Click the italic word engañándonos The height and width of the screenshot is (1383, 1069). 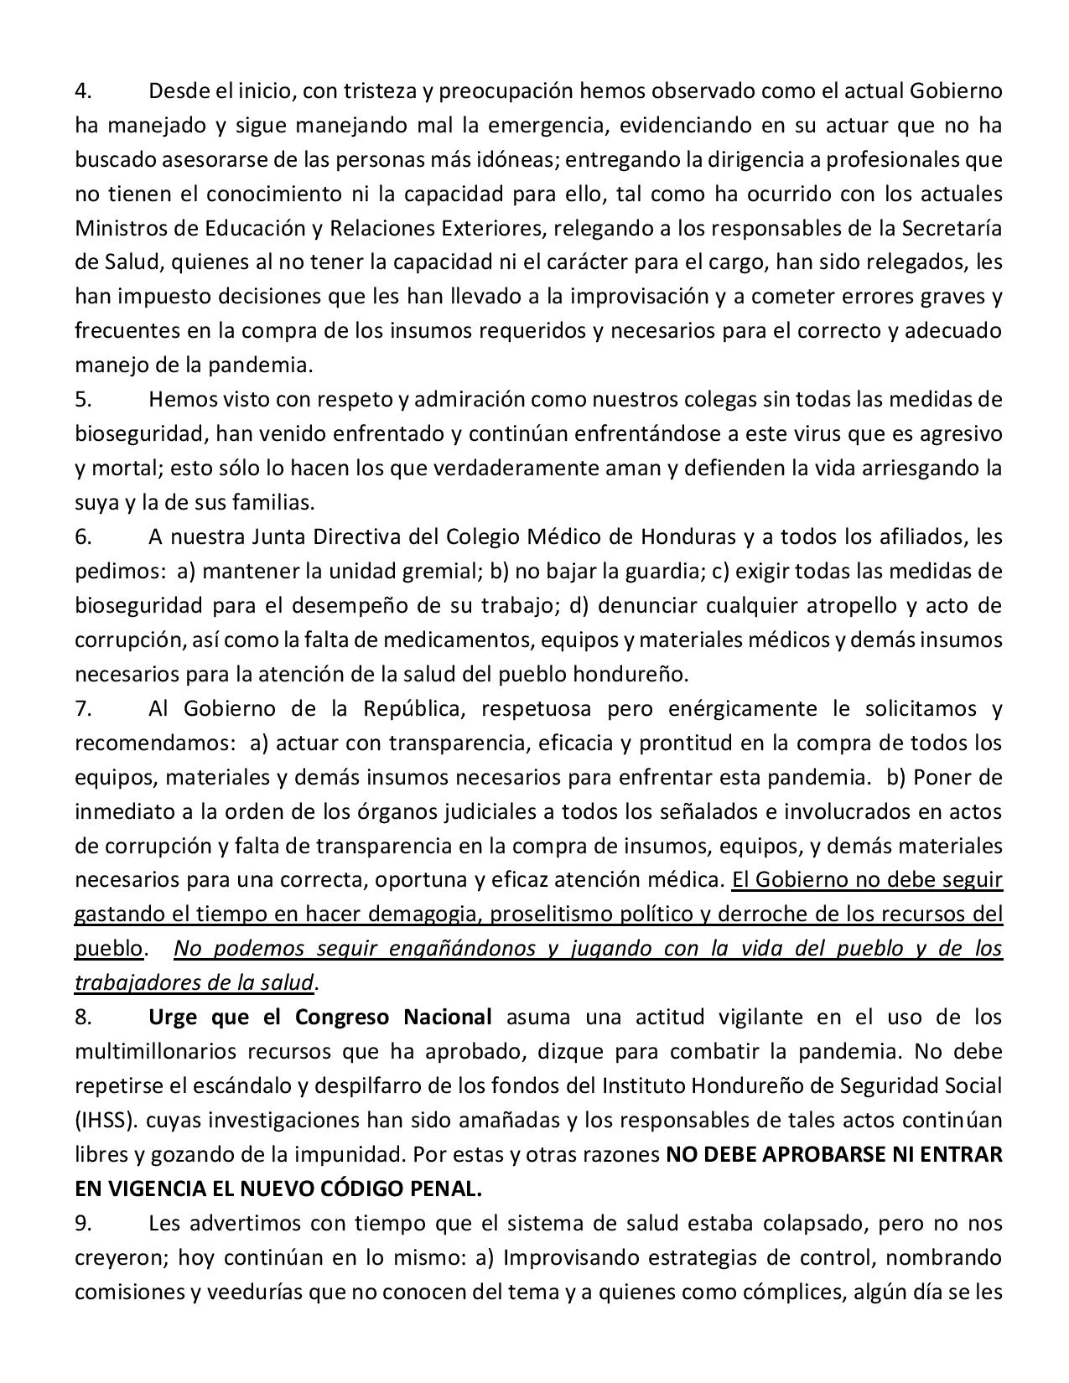[449, 949]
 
